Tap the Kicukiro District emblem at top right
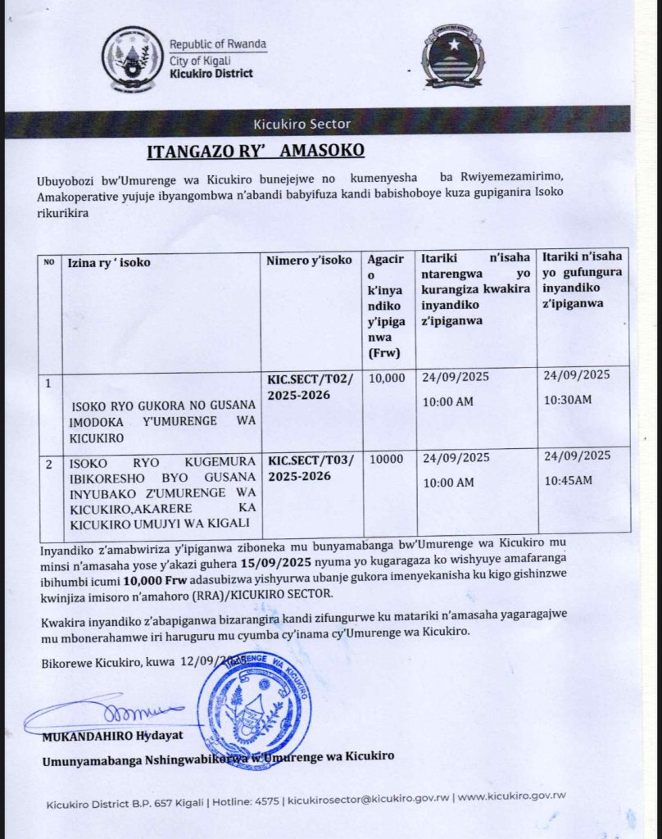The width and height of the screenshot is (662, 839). tap(452, 59)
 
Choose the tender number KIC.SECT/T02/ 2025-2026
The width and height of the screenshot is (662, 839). tap(311, 388)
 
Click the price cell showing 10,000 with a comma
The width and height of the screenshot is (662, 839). tap(387, 379)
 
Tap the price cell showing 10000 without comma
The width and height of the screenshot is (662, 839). tap(385, 460)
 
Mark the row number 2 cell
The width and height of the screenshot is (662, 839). tap(48, 465)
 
